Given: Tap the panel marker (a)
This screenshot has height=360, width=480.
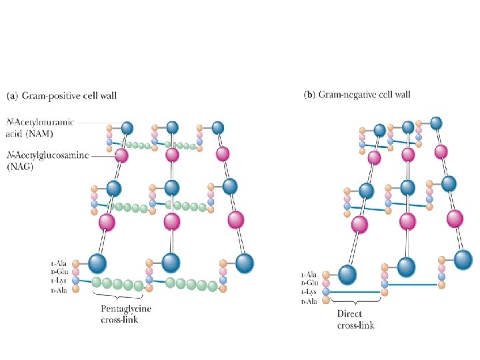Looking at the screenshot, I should pos(13,95).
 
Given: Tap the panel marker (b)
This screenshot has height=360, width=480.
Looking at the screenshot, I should pos(309,95).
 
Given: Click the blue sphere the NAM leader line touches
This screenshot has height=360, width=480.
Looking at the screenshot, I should pos(127,127).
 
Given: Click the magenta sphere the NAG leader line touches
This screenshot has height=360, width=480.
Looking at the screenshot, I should pos(121,157).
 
